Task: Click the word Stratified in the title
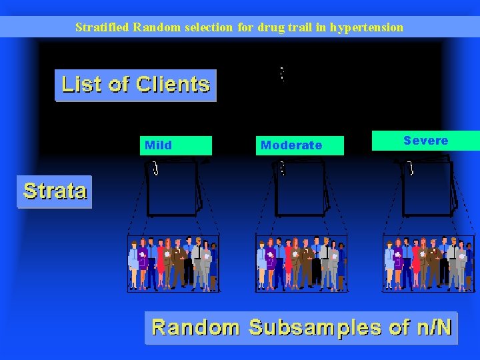(x=102, y=27)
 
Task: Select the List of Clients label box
(x=135, y=85)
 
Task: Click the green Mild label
(x=176, y=145)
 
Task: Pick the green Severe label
(x=425, y=141)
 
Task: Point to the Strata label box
(x=55, y=191)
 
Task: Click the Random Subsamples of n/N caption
(x=301, y=327)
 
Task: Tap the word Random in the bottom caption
(x=195, y=327)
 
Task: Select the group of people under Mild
(x=173, y=263)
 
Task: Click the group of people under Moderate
(x=301, y=263)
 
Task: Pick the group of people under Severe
(x=429, y=263)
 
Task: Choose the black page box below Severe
(x=428, y=188)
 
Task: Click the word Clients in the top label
(x=172, y=85)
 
